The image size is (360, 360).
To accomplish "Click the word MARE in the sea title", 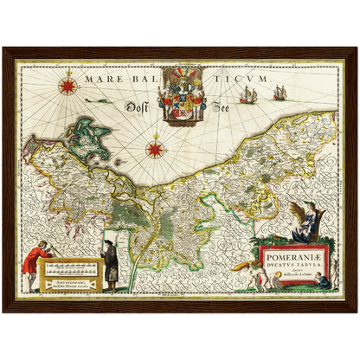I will coord(101,78).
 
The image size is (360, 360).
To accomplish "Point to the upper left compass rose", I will coord(68,86).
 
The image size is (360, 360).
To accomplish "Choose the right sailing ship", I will coord(280,92).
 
